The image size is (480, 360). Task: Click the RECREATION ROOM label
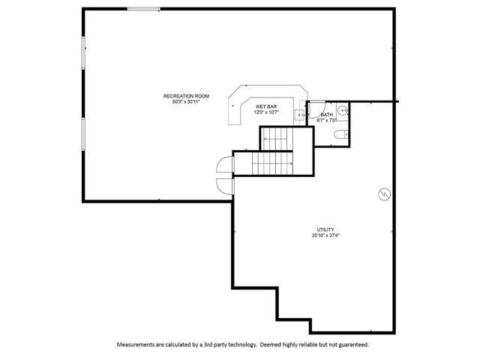[186, 96]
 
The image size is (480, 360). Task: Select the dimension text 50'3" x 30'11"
[186, 102]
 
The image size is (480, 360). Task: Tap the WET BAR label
[266, 106]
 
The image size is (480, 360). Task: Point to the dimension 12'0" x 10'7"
[266, 112]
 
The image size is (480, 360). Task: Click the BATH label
[327, 115]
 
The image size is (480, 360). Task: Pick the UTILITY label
[325, 229]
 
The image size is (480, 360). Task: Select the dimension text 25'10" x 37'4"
[325, 235]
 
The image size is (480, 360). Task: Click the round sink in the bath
[343, 109]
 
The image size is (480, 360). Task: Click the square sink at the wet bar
[299, 115]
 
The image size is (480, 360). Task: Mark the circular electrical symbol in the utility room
[384, 194]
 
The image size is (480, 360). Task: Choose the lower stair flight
[272, 163]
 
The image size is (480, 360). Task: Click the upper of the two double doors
[225, 164]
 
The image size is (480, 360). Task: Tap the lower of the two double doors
[225, 187]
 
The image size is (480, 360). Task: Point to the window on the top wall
[143, 9]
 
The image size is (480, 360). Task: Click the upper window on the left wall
[83, 52]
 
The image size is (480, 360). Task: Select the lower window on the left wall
[83, 134]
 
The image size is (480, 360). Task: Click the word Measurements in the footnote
[136, 345]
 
